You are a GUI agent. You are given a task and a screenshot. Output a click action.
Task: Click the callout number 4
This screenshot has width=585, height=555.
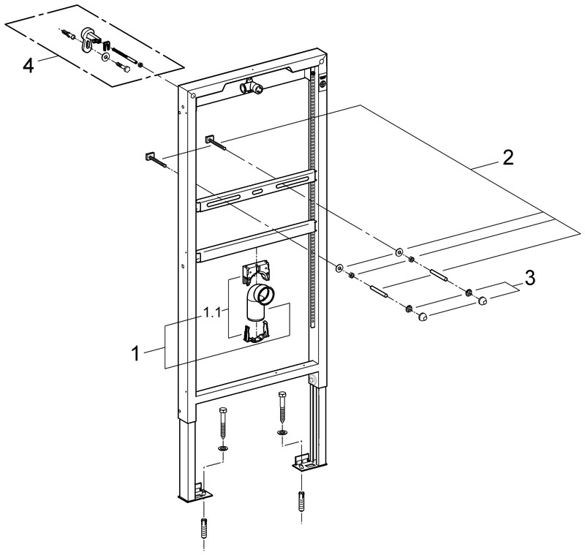[x=28, y=67]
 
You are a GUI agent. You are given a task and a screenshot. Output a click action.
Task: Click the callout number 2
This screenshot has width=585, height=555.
[x=507, y=158]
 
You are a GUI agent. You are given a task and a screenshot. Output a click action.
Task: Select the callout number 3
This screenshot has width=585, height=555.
[x=529, y=278]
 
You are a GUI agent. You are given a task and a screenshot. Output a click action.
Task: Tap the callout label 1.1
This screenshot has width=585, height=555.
[x=212, y=312]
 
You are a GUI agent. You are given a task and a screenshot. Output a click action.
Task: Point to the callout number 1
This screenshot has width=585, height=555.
[x=136, y=353]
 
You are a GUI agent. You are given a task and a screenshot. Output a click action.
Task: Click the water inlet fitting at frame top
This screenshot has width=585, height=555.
[x=251, y=86]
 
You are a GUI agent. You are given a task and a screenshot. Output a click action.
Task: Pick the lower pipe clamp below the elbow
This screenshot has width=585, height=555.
[x=256, y=332]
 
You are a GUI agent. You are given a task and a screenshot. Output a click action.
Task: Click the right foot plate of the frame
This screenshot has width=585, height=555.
[x=304, y=463]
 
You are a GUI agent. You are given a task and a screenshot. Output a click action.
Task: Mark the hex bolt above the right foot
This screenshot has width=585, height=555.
[x=282, y=407]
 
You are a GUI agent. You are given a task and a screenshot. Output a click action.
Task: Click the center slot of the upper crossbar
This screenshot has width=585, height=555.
[x=258, y=192]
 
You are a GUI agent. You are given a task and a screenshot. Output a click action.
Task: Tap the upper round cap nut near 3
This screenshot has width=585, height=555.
[x=483, y=301]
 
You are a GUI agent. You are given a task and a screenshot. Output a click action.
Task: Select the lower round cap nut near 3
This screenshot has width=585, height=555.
[x=423, y=317]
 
